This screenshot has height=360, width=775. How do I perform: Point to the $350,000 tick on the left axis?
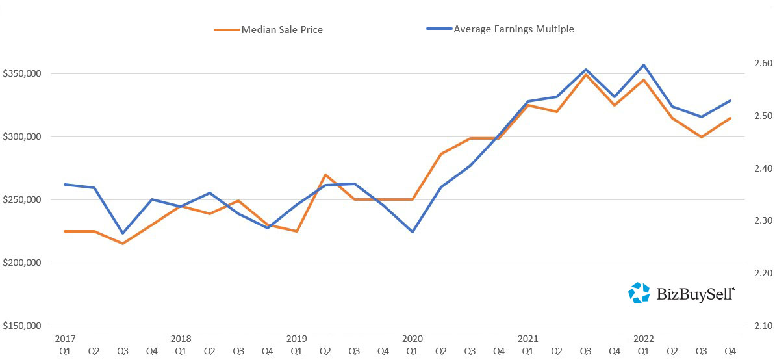(x=22, y=74)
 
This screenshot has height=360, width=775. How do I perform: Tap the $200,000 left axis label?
(x=22, y=263)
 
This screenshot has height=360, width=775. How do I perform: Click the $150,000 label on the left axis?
(x=22, y=326)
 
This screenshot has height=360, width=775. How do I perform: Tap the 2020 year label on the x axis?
(x=413, y=339)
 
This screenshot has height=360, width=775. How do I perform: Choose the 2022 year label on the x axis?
(x=644, y=339)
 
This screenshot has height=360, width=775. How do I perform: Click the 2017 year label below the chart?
(x=65, y=339)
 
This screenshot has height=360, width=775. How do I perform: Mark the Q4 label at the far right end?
(x=730, y=351)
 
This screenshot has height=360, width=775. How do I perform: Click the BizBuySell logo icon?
(x=639, y=293)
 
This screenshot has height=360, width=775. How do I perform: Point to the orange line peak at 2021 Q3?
(x=586, y=75)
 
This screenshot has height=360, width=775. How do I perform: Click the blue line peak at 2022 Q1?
(x=644, y=65)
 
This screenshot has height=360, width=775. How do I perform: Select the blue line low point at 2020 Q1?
(x=413, y=232)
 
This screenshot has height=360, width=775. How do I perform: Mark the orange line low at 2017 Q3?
(x=123, y=244)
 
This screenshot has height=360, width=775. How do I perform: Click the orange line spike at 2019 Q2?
(x=325, y=175)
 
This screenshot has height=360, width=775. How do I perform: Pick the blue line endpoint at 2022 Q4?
(x=730, y=101)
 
